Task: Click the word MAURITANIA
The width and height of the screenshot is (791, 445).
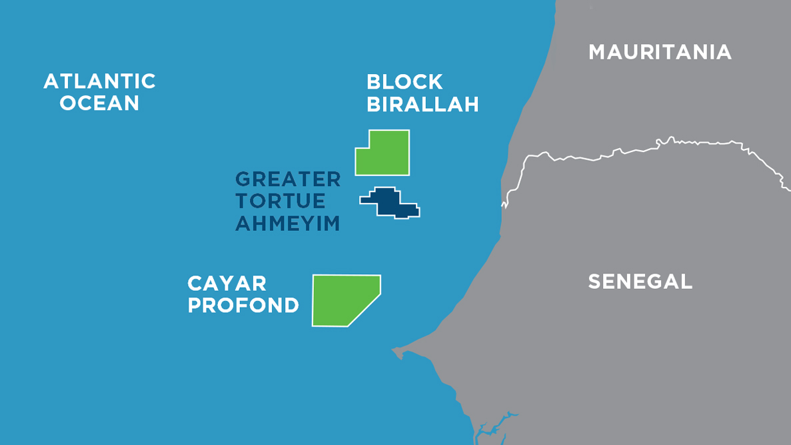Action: coord(660,52)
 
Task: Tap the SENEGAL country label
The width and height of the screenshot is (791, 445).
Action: coord(640,282)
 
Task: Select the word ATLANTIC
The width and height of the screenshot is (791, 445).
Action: coord(99,81)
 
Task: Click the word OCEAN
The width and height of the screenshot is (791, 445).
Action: coord(99,103)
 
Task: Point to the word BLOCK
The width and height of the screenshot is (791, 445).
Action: coord(404,82)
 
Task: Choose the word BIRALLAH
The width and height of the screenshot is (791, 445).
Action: coord(422,105)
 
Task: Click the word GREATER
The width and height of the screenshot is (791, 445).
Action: coord(288,179)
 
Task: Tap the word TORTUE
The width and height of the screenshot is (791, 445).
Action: coord(281,201)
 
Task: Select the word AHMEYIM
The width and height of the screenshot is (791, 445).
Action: coord(287,224)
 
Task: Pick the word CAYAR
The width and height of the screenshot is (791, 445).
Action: coord(227,283)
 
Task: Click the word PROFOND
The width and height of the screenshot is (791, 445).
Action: coord(243,306)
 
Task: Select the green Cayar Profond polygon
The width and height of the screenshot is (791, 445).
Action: coord(340,300)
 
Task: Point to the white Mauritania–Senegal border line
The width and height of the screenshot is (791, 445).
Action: coord(600,159)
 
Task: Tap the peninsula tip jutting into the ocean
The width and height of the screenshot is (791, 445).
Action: coord(397,350)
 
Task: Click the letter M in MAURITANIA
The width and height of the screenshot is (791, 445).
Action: coord(598,52)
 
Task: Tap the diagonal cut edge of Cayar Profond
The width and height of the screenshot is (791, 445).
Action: coord(365,310)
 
